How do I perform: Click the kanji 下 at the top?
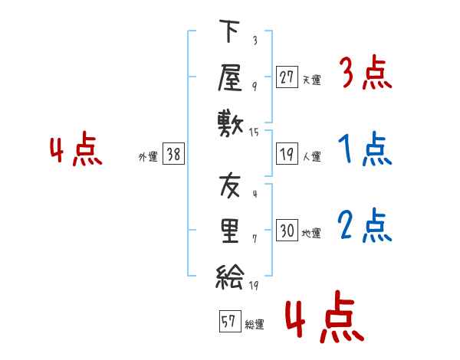(x=229, y=31)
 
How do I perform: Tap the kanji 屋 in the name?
(x=230, y=77)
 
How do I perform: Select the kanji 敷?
(x=230, y=124)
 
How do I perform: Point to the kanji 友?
(x=230, y=185)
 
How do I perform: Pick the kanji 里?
(x=230, y=231)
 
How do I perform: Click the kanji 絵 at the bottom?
(x=230, y=277)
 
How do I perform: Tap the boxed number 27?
(x=287, y=77)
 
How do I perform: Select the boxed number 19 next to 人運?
(x=287, y=154)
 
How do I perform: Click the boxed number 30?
(x=287, y=230)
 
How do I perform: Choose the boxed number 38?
(x=173, y=154)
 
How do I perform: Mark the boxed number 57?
(x=230, y=321)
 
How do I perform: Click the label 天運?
(x=311, y=80)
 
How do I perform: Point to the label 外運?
(x=148, y=156)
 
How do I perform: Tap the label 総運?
(x=255, y=324)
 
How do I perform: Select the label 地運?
(x=311, y=234)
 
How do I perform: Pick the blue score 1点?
(x=365, y=149)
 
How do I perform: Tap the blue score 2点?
(x=364, y=225)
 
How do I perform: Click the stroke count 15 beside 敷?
(x=254, y=133)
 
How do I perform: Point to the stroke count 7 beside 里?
(x=255, y=239)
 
